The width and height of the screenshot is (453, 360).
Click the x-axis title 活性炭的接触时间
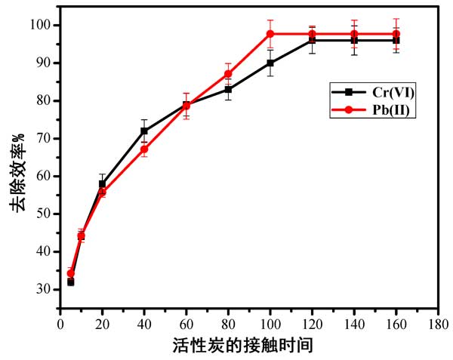click(248, 346)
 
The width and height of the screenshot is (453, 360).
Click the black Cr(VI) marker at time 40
click(144, 131)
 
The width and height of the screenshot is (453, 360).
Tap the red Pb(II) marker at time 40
click(144, 149)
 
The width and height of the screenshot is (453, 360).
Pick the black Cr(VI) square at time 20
click(102, 183)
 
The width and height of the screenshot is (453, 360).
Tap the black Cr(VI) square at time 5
click(70, 282)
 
